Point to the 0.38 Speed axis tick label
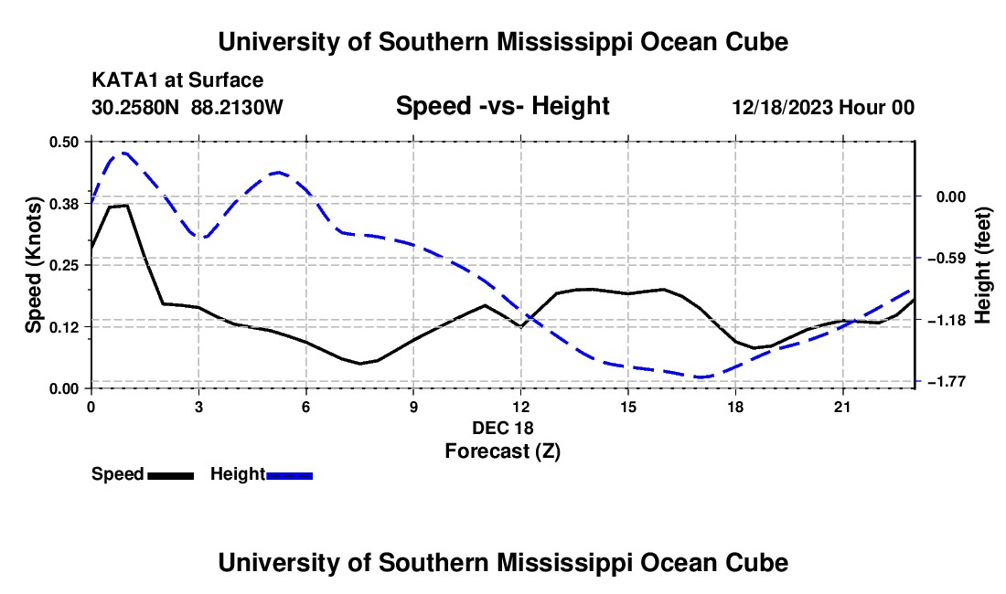[64, 204]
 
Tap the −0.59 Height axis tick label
[949, 259]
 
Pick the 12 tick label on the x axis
[521, 407]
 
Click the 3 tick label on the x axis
[198, 407]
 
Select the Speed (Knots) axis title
[33, 265]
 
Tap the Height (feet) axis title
[983, 265]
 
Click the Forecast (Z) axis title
[502, 451]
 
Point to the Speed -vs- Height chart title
[502, 106]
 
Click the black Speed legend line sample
[171, 475]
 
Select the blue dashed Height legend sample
[289, 475]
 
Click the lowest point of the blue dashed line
[700, 377]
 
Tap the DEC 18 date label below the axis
[502, 428]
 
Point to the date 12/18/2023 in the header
[782, 107]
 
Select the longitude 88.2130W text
[237, 107]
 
